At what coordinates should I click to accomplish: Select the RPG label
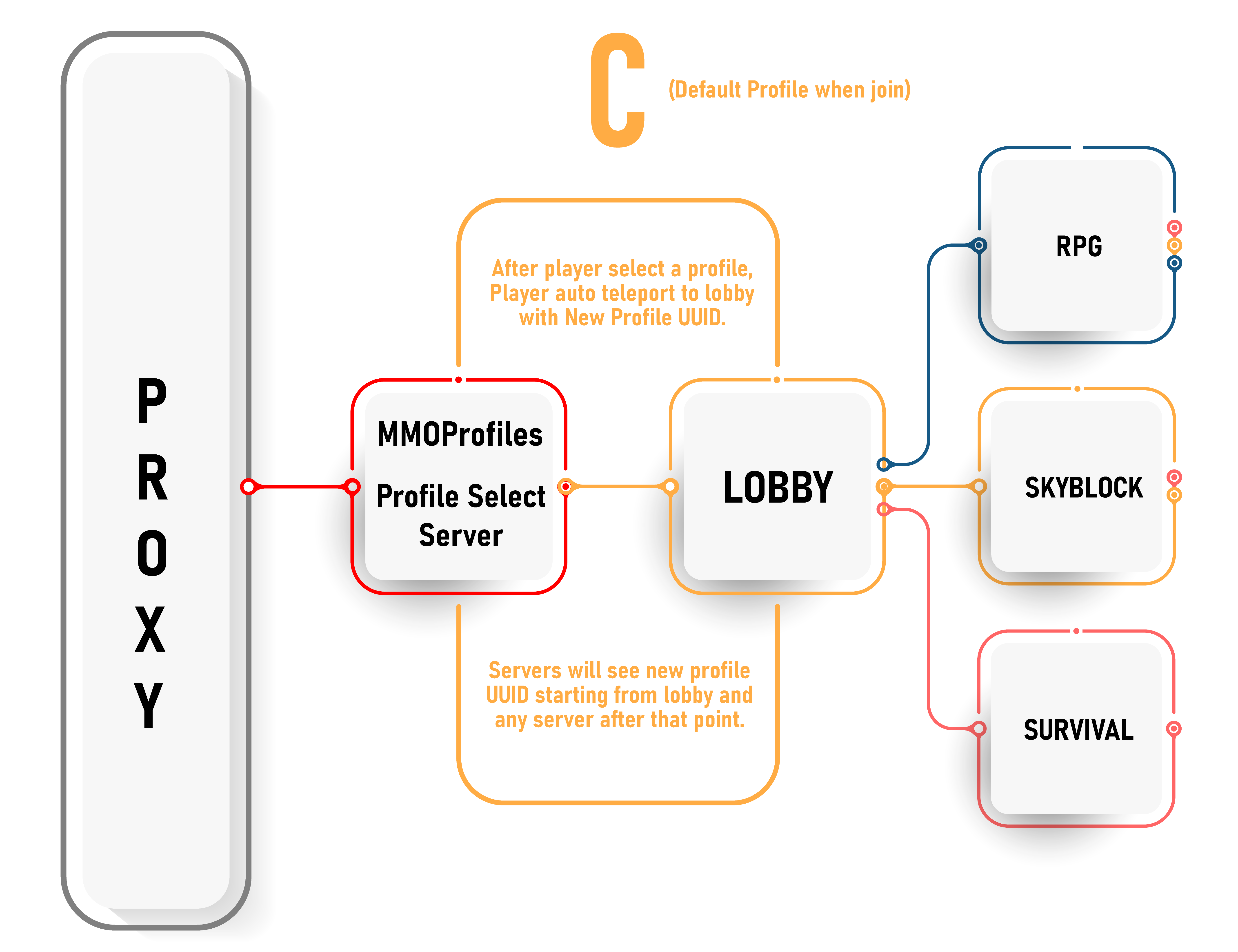1079,246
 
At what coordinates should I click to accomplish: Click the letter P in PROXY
152,401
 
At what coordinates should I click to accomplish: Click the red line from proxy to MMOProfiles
300,486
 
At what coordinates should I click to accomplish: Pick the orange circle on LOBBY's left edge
671,486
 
